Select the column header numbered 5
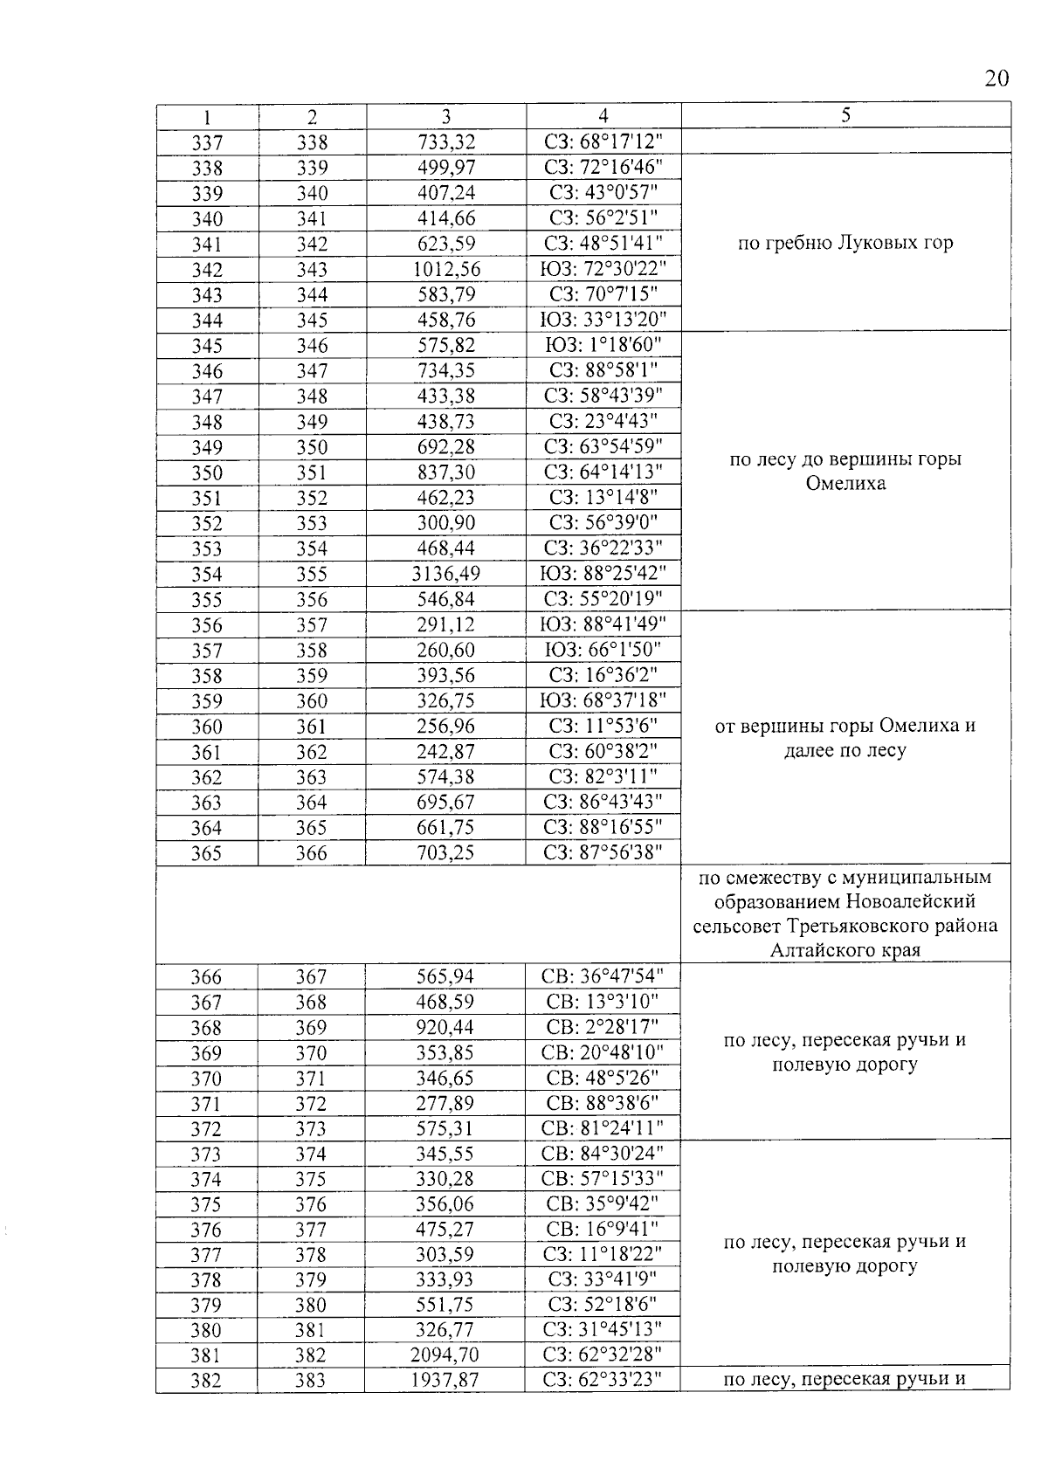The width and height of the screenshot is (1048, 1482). click(x=845, y=114)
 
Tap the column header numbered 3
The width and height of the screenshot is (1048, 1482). click(x=445, y=116)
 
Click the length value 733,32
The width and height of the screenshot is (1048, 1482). click(x=445, y=142)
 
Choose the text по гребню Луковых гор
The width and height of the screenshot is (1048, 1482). click(x=845, y=244)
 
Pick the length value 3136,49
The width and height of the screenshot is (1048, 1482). click(x=445, y=575)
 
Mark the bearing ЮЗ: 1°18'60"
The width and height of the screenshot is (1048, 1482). click(x=603, y=346)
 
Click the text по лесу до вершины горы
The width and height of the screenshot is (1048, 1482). click(x=845, y=459)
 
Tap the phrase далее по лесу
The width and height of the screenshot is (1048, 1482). click(x=845, y=750)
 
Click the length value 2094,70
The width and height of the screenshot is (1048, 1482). click(x=445, y=1355)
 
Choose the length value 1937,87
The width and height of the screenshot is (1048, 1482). click(x=445, y=1381)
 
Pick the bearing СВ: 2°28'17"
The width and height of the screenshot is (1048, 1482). click(x=603, y=1027)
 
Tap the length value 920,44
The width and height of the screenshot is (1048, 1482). click(x=445, y=1027)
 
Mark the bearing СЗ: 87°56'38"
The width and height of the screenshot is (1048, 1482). click(x=603, y=852)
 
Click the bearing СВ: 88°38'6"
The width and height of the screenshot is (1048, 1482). click(x=603, y=1103)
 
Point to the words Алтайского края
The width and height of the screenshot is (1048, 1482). click(x=845, y=951)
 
